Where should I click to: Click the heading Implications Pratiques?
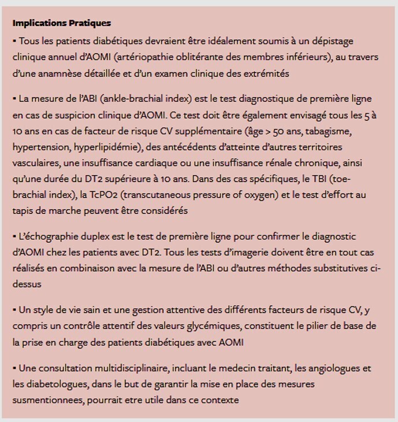61,23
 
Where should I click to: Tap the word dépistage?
333,41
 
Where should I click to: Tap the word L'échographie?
50,236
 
